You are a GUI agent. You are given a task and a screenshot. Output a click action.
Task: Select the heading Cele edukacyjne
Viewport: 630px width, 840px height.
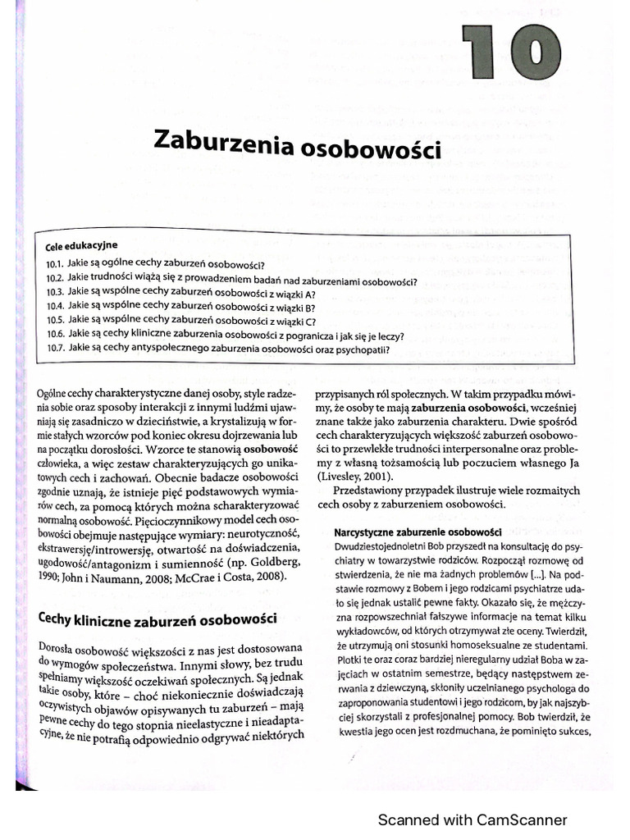pyautogui.click(x=82, y=245)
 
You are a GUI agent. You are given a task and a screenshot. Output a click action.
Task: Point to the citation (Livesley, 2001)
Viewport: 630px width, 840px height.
pyautogui.click(x=355, y=478)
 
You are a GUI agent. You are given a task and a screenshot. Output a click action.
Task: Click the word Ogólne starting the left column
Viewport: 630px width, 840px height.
pyautogui.click(x=53, y=393)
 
